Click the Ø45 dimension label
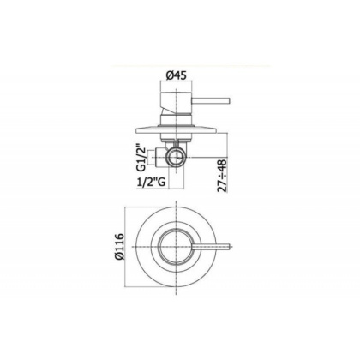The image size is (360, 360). (x=177, y=75)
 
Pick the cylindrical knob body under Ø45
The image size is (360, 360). (x=177, y=99)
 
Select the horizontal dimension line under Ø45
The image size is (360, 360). (x=177, y=85)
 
